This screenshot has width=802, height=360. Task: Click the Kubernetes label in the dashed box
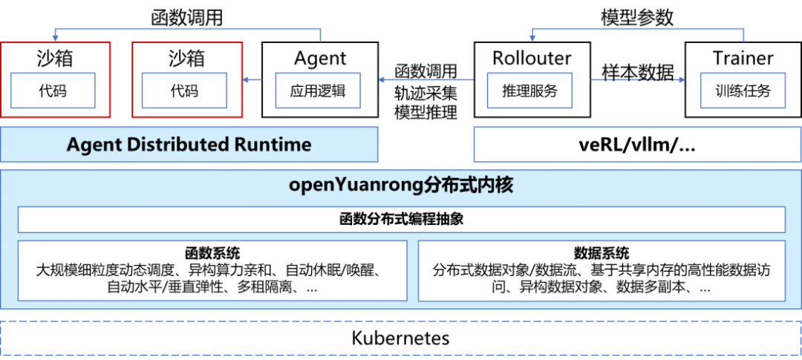(400, 338)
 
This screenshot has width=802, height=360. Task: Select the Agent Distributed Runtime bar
(189, 145)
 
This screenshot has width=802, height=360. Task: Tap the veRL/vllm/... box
(638, 145)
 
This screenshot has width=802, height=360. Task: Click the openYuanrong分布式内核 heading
(401, 185)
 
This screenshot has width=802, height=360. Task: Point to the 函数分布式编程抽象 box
(402, 220)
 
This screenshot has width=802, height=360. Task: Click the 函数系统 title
(212, 252)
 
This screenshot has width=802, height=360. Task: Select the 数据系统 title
(601, 252)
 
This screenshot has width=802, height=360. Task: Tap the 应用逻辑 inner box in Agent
(318, 91)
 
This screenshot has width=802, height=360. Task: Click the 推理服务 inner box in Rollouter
(529, 91)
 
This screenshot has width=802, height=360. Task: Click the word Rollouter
(532, 58)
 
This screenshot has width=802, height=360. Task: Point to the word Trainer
(743, 58)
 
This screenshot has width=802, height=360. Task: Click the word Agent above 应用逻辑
(320, 59)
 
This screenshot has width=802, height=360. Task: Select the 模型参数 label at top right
(637, 18)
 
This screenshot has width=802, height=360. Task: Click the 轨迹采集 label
(426, 93)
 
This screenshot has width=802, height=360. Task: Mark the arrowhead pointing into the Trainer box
(681, 79)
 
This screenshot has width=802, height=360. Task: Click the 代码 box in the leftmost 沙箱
(53, 91)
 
